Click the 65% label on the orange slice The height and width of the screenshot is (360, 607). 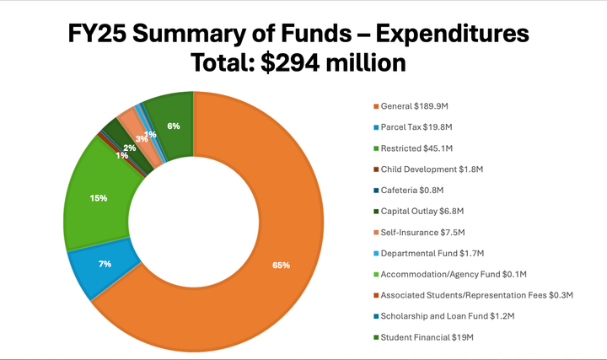click(x=281, y=265)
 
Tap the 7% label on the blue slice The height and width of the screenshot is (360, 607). click(x=105, y=264)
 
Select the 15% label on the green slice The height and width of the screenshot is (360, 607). click(x=99, y=198)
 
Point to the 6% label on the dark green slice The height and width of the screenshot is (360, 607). click(x=173, y=126)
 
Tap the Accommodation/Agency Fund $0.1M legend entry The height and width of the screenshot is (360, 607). click(x=454, y=274)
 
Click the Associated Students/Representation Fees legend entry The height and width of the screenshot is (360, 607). click(x=476, y=295)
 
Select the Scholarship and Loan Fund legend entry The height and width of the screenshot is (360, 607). click(x=447, y=315)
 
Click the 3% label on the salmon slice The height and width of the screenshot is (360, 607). click(x=141, y=138)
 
